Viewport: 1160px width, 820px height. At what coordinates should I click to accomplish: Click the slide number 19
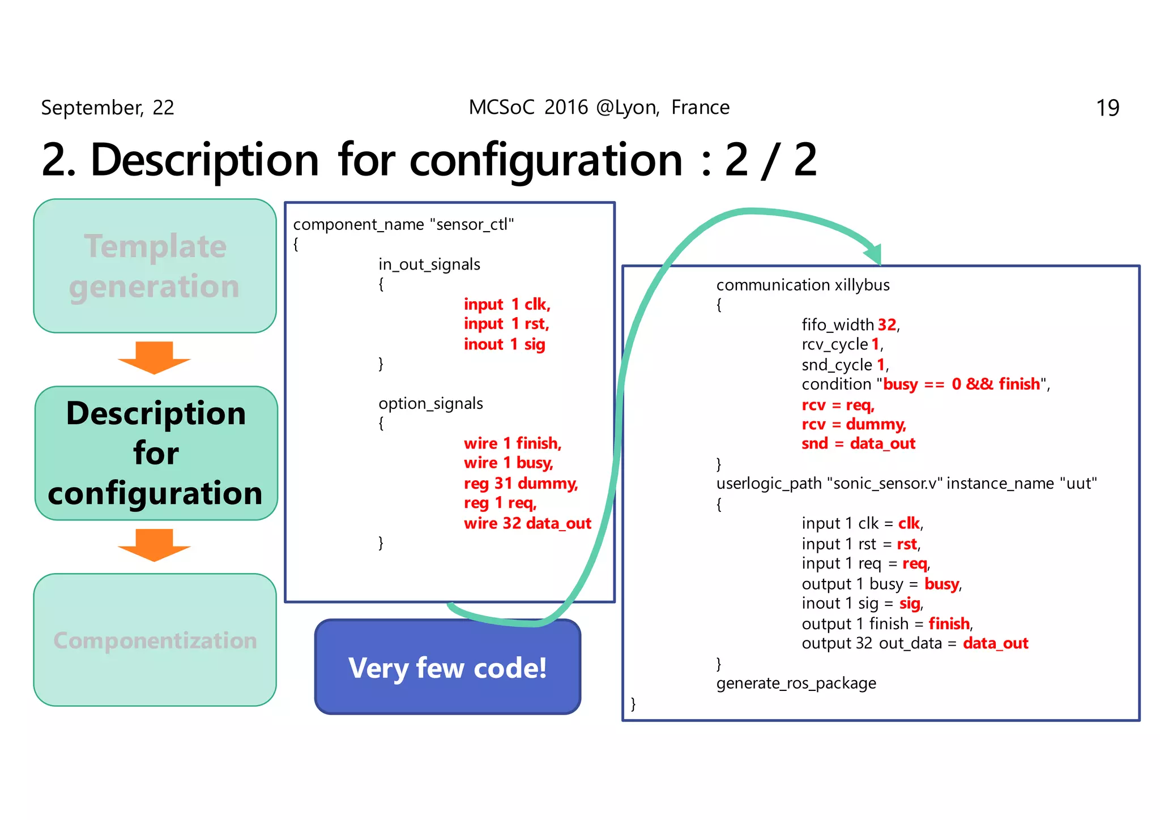point(1107,108)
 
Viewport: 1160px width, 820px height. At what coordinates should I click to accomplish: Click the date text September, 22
point(108,108)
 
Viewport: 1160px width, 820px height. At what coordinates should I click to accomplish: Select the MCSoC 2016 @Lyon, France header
point(599,107)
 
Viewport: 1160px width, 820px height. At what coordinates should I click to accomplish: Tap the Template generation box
point(155,266)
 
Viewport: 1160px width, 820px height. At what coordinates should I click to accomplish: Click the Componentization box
point(155,640)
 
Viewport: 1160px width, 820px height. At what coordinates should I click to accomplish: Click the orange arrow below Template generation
point(154,357)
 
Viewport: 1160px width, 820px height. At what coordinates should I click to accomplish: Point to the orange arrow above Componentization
point(154,545)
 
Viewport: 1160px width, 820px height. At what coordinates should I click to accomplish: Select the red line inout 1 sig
point(504,344)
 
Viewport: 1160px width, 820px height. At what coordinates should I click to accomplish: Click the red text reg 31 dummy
point(521,483)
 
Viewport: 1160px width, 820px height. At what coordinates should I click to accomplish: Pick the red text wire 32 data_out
point(527,523)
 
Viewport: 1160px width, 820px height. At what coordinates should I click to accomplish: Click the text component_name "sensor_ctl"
point(403,224)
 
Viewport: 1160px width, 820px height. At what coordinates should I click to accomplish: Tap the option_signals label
point(430,403)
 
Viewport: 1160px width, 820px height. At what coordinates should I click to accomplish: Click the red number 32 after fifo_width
point(886,324)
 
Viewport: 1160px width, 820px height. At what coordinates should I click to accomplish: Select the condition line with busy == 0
point(925,384)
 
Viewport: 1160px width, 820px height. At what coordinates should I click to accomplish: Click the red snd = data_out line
point(858,443)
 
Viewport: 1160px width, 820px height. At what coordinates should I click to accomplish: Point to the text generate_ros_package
point(796,683)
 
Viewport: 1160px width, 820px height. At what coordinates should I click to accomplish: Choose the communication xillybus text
point(803,284)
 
